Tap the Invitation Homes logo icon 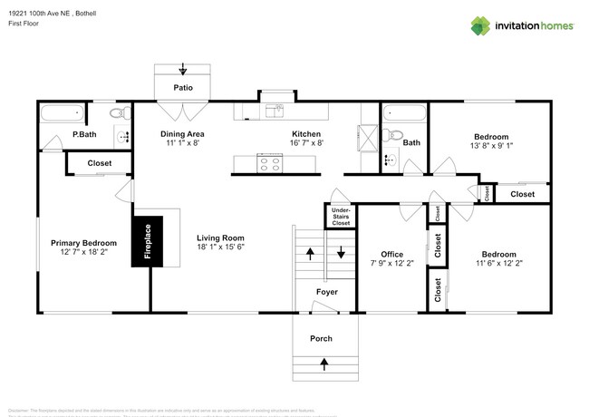478,26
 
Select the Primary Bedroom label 83,243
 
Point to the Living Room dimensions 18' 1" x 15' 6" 221,247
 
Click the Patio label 183,88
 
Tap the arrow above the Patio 183,70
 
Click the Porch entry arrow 324,364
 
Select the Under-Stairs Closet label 340,217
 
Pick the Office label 391,254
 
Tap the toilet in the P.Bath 115,114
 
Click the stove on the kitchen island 270,163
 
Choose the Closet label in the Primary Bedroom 99,164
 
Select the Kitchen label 306,133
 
